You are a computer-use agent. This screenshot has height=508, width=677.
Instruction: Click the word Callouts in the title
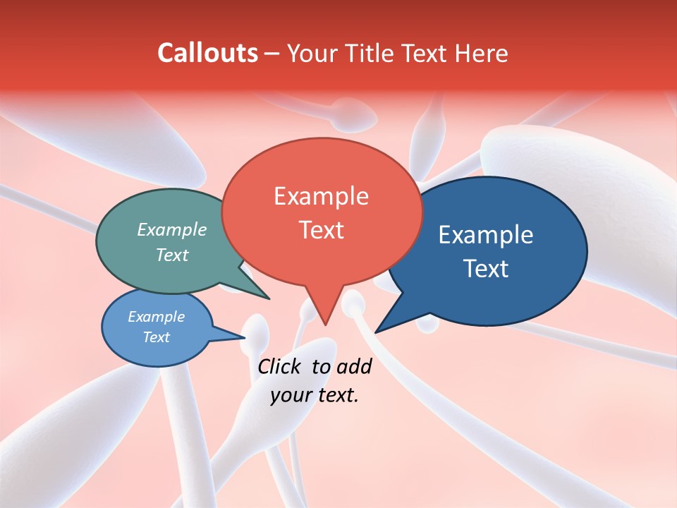tap(207, 53)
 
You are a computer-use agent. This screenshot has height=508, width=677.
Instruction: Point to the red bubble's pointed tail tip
tap(324, 323)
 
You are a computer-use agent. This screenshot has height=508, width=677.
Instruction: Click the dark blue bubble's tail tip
tap(377, 331)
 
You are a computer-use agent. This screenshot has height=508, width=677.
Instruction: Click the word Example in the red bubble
tap(321, 196)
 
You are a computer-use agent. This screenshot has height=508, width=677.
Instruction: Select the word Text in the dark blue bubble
tap(487, 268)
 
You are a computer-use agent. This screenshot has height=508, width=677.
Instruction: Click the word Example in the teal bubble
tap(172, 229)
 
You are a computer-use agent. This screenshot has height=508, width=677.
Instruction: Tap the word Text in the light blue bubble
tap(157, 337)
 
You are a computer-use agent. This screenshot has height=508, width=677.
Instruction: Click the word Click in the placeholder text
tap(280, 366)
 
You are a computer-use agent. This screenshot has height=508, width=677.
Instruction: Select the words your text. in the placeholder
tap(315, 395)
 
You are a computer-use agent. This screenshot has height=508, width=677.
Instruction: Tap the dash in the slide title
tap(272, 53)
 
